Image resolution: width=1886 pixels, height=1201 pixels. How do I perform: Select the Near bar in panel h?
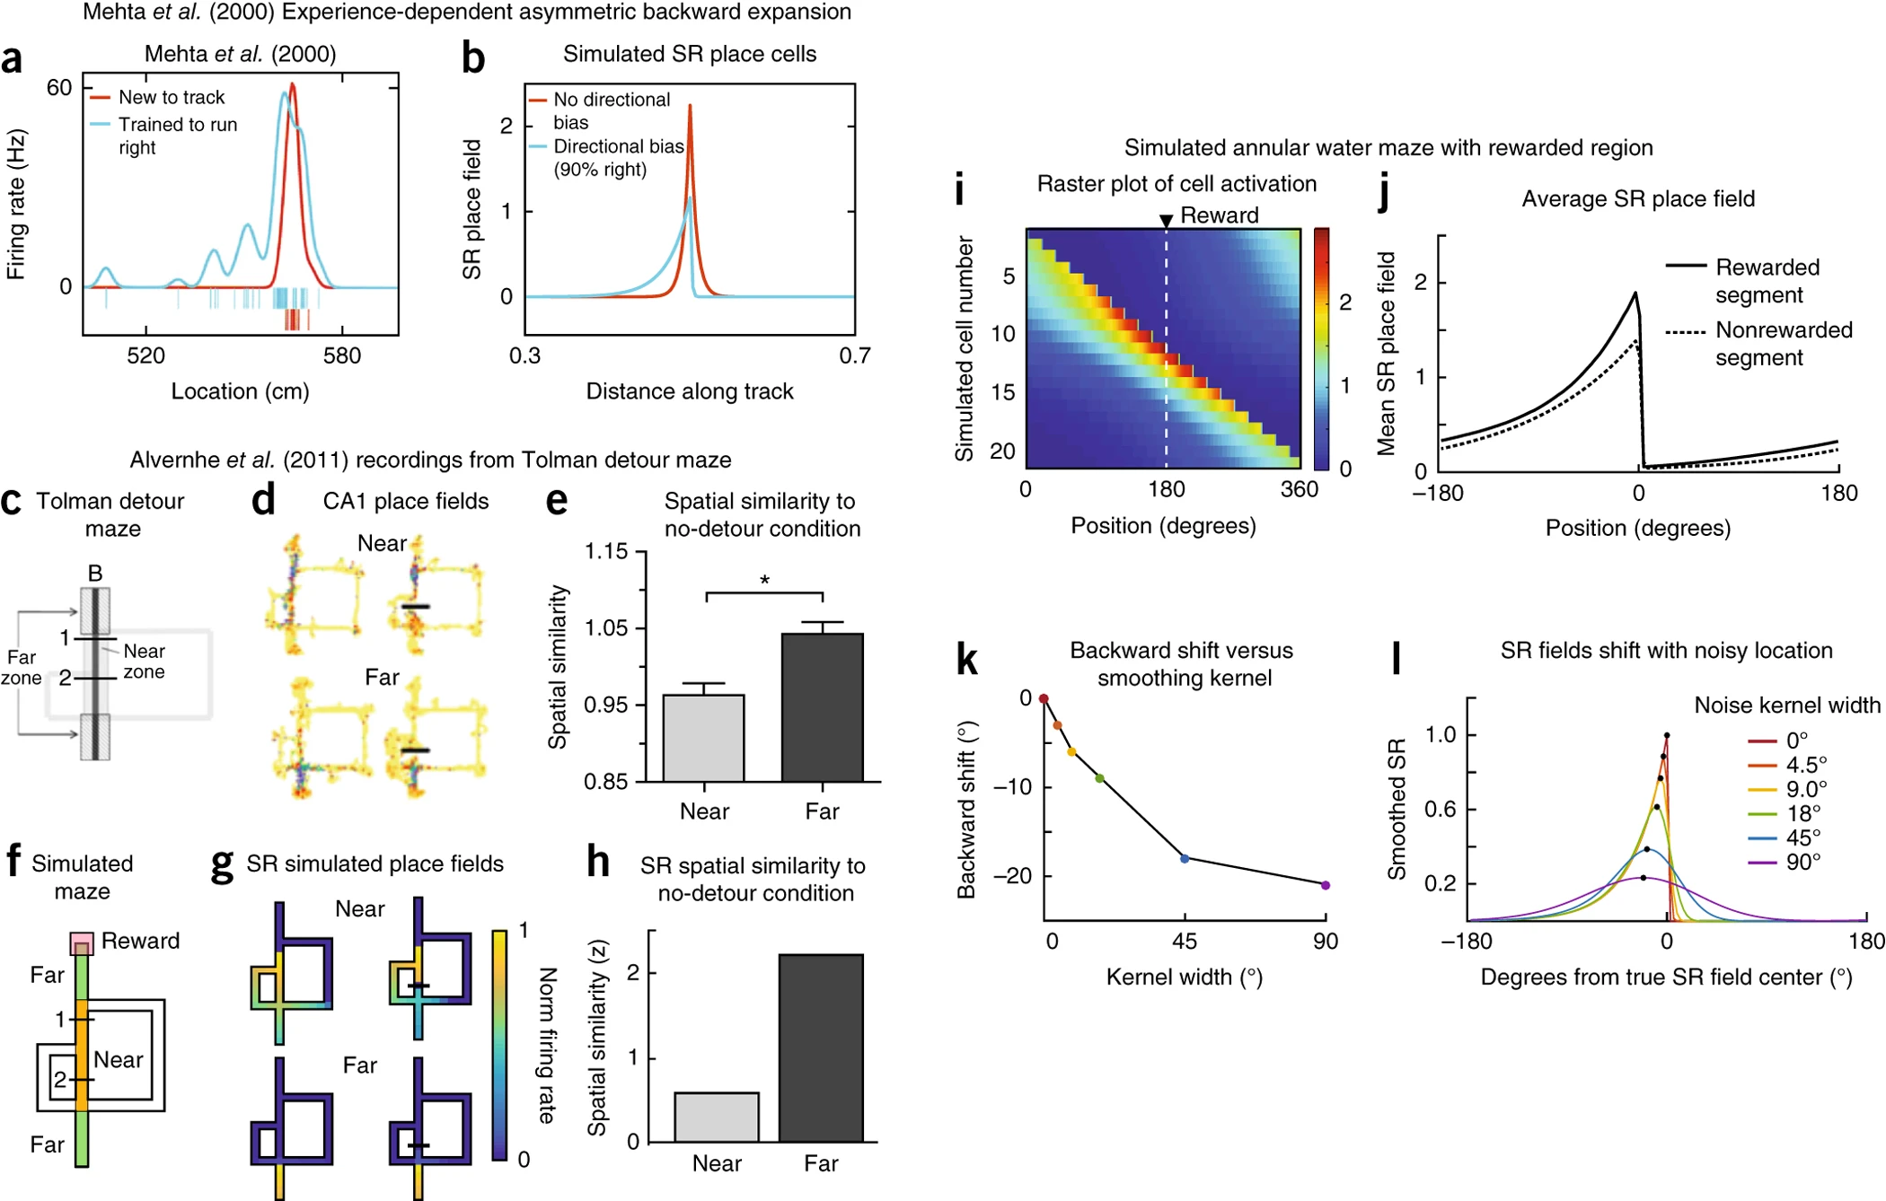[x=717, y=1117]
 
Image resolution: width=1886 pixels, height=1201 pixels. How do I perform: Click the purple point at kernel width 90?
[x=1326, y=885]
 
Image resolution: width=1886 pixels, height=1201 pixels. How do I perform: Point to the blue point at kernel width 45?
[x=1185, y=859]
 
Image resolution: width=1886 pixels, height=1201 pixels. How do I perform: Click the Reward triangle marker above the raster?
[x=1166, y=221]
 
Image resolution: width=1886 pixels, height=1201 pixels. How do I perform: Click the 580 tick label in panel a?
[x=342, y=355]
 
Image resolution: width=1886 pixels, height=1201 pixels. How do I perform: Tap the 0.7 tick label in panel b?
[x=854, y=355]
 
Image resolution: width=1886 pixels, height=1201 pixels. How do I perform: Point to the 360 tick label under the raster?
[x=1300, y=489]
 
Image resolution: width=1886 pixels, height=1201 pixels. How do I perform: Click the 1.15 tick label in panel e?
[x=606, y=551]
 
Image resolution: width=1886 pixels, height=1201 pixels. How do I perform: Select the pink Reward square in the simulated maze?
[x=82, y=943]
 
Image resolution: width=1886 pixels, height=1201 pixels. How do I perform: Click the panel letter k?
[x=966, y=660]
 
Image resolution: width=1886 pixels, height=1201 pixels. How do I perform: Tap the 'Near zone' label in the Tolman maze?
[x=144, y=662]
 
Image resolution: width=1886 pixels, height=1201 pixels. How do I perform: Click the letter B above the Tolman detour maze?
[x=95, y=573]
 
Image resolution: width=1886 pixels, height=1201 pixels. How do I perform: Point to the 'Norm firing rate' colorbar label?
[x=547, y=1045]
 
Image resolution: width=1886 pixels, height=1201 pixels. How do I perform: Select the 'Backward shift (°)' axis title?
[x=966, y=810]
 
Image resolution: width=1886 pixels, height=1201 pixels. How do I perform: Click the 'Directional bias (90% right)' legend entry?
[x=618, y=158]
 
